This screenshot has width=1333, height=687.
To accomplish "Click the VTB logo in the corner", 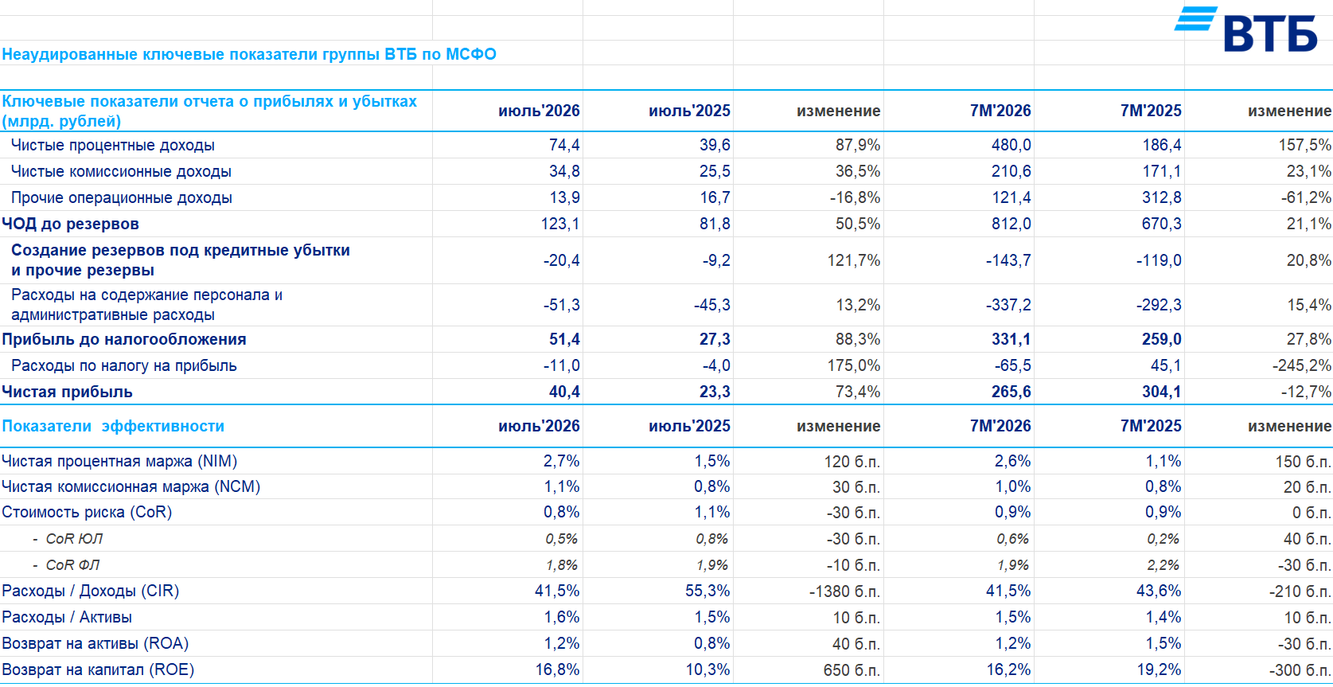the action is click(1245, 29).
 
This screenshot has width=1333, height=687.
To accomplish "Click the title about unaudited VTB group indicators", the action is click(249, 54).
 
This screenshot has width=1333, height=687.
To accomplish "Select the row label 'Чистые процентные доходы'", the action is click(112, 145).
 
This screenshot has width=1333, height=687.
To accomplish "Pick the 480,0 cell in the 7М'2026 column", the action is click(1011, 145).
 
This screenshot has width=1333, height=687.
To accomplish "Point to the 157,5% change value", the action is click(1304, 145).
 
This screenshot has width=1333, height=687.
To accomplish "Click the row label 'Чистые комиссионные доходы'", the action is click(121, 171).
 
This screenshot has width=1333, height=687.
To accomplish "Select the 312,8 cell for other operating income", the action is click(1162, 197).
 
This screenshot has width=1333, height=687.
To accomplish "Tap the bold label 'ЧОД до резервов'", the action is click(70, 224).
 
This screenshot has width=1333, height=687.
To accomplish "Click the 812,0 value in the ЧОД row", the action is click(1011, 224).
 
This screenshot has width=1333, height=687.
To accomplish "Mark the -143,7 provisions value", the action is click(1008, 260).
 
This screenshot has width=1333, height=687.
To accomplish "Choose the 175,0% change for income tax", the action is click(853, 365).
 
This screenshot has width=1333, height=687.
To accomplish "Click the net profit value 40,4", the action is click(564, 392).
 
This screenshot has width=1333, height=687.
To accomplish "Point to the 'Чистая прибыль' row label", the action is click(67, 392).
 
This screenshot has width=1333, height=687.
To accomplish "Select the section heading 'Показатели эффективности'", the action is click(113, 426).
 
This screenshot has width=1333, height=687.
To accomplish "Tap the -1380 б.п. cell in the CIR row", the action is click(844, 591).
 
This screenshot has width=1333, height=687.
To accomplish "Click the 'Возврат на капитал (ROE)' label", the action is click(98, 669).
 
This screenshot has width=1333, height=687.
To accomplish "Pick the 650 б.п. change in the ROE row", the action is click(852, 670).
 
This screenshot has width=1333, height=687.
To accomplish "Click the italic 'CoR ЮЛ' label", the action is click(74, 539).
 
